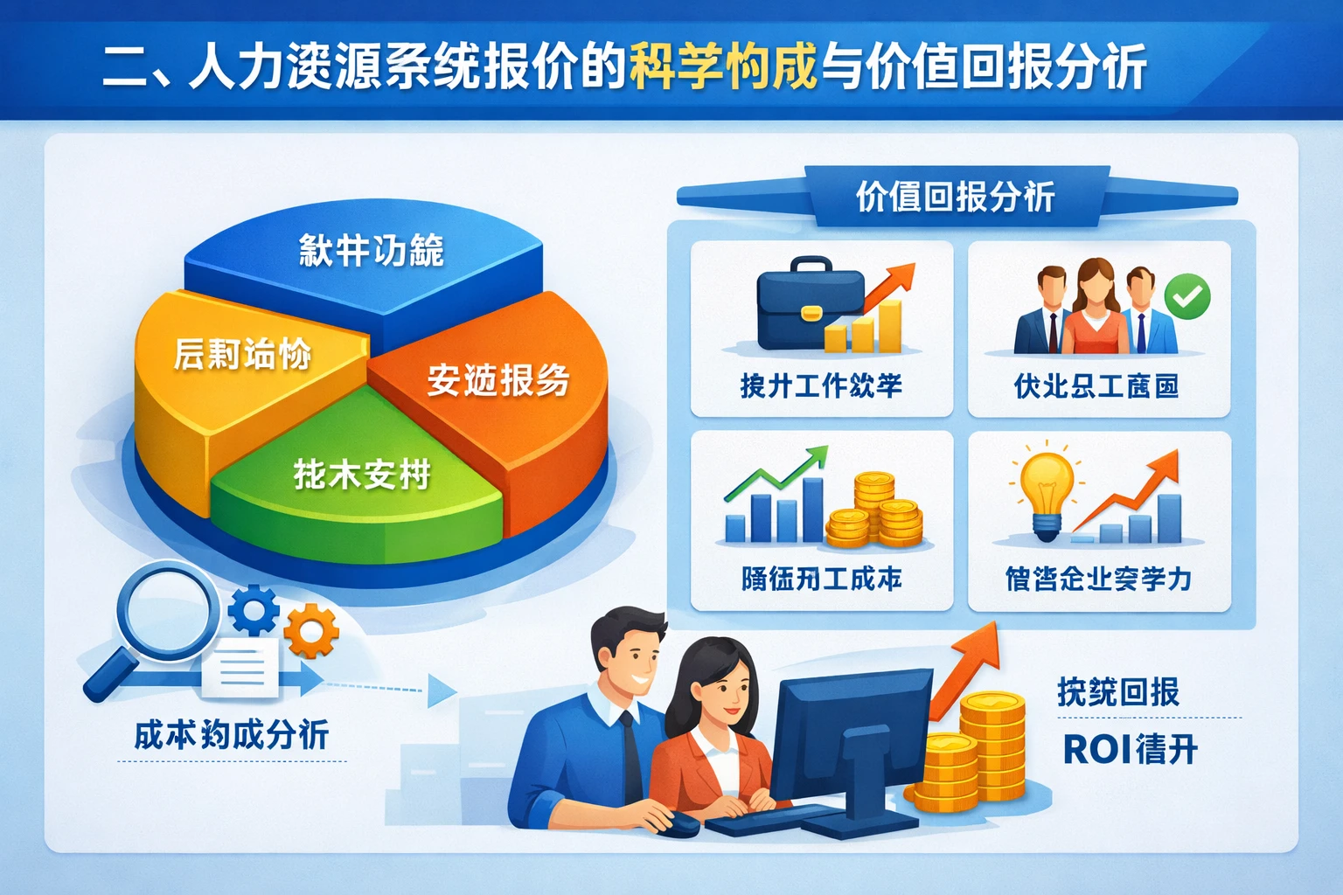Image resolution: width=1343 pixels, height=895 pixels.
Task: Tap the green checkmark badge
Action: [1187, 296]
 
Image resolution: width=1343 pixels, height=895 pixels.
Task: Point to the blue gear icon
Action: [254, 610]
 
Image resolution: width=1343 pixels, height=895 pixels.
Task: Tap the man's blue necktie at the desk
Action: [632, 760]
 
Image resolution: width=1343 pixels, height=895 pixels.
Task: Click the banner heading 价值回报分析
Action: [955, 197]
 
